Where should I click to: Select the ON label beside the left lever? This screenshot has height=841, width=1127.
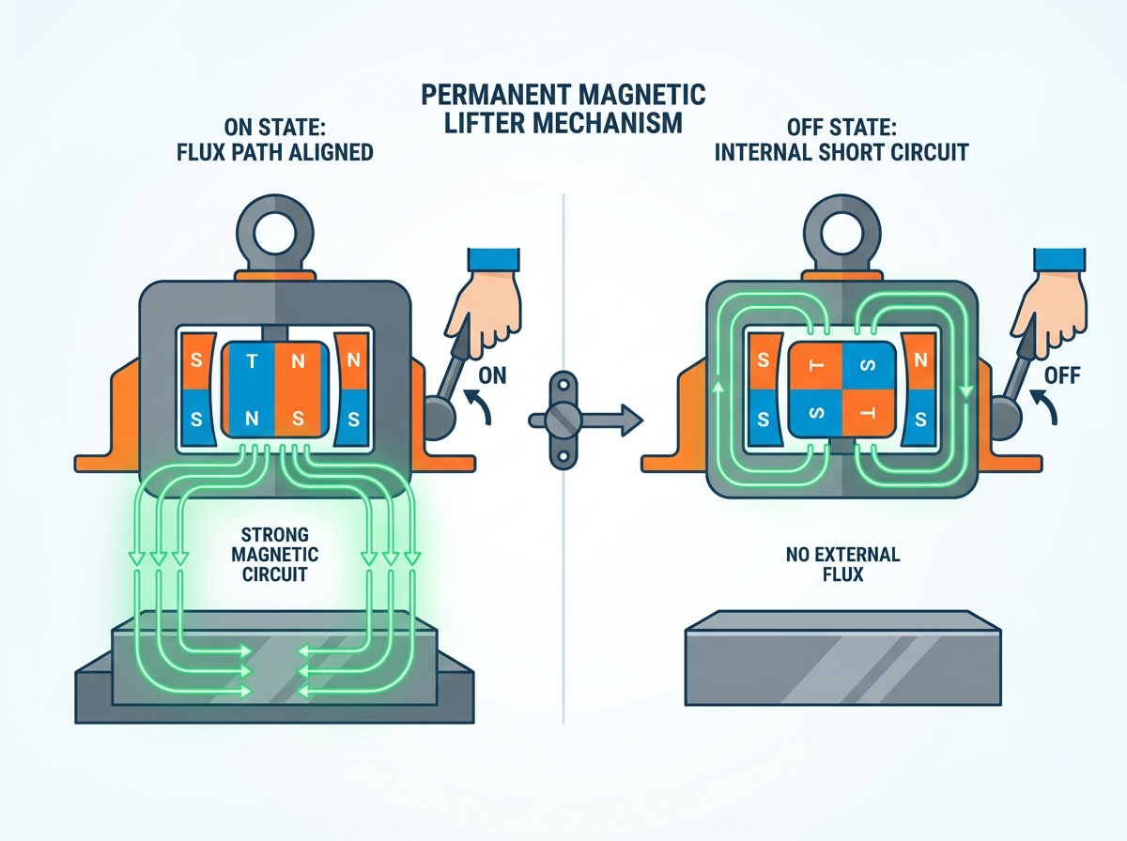click(x=492, y=376)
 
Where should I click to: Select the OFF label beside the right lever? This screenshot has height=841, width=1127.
click(x=1062, y=376)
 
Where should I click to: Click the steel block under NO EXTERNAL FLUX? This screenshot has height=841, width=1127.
click(x=843, y=658)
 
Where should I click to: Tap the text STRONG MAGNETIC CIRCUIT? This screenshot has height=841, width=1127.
click(x=274, y=555)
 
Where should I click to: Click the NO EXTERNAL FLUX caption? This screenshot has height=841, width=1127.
click(x=842, y=564)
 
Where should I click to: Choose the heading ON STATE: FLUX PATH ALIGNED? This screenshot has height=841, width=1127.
click(x=274, y=139)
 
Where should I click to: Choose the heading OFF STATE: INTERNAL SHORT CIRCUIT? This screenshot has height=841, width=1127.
click(x=841, y=139)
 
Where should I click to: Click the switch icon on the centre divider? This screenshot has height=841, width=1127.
click(x=563, y=420)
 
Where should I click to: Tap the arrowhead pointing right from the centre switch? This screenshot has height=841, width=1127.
click(x=632, y=420)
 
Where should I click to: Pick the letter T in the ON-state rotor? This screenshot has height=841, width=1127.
click(x=252, y=361)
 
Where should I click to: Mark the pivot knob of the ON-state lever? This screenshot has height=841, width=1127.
click(x=438, y=420)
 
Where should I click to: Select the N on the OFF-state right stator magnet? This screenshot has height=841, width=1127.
click(x=920, y=360)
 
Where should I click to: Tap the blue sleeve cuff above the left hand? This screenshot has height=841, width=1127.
click(x=494, y=260)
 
